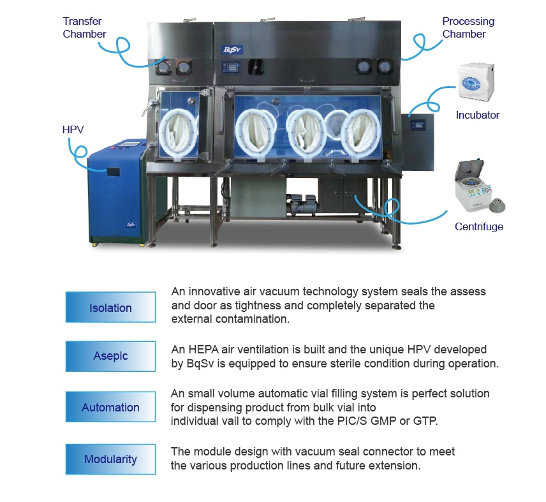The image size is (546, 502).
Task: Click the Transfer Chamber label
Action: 84,27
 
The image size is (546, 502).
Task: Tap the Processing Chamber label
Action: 468,27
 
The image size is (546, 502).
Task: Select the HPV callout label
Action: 73,129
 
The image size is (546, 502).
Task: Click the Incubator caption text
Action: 477,115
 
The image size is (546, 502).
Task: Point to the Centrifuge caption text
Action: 478,226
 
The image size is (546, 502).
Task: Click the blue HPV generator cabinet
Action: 118,194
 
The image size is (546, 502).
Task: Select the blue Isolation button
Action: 110,307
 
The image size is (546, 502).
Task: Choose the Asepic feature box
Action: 110,356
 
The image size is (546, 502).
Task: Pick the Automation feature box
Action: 110,408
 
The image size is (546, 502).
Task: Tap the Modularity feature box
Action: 110,459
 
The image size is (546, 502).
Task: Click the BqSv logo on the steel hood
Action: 230,50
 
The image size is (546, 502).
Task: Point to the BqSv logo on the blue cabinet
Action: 129,225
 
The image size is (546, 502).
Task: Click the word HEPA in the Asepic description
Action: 202,350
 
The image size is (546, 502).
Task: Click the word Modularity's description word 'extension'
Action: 399,466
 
